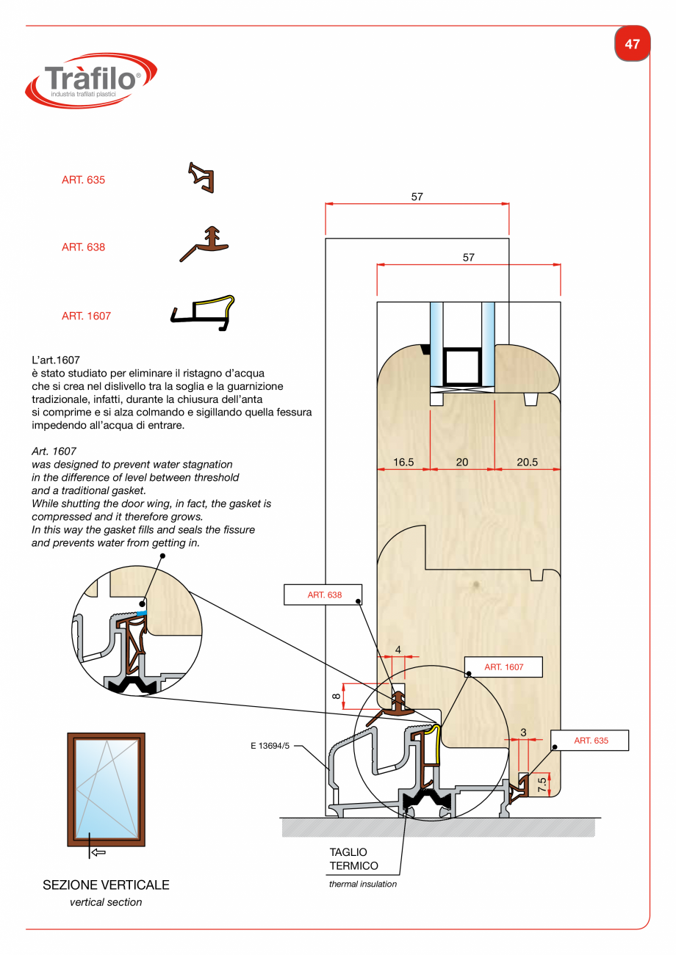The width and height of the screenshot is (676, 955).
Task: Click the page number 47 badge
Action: (x=632, y=44)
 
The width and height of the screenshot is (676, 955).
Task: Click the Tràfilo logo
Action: (x=91, y=79)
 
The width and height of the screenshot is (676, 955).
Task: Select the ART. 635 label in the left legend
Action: (x=83, y=180)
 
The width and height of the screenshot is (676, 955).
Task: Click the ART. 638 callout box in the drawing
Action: (x=323, y=595)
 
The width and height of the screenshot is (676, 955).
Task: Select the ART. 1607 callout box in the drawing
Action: (x=503, y=667)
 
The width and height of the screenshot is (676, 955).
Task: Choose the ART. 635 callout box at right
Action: (x=591, y=741)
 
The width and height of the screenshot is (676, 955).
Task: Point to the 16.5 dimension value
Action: (x=403, y=462)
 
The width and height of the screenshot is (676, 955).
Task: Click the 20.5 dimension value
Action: (x=527, y=462)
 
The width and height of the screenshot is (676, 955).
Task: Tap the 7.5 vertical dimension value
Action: (x=542, y=785)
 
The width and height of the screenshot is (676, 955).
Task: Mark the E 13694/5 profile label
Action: (x=270, y=747)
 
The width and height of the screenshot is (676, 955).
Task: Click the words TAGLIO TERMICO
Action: (x=354, y=859)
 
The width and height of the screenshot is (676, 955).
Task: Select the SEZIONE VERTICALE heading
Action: (x=106, y=885)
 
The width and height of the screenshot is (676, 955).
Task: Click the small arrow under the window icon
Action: (x=98, y=852)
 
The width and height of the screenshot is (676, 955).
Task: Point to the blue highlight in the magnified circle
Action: (x=142, y=612)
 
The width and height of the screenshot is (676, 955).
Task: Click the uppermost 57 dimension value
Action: (x=417, y=197)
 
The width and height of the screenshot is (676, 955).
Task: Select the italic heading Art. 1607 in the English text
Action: (x=54, y=451)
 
